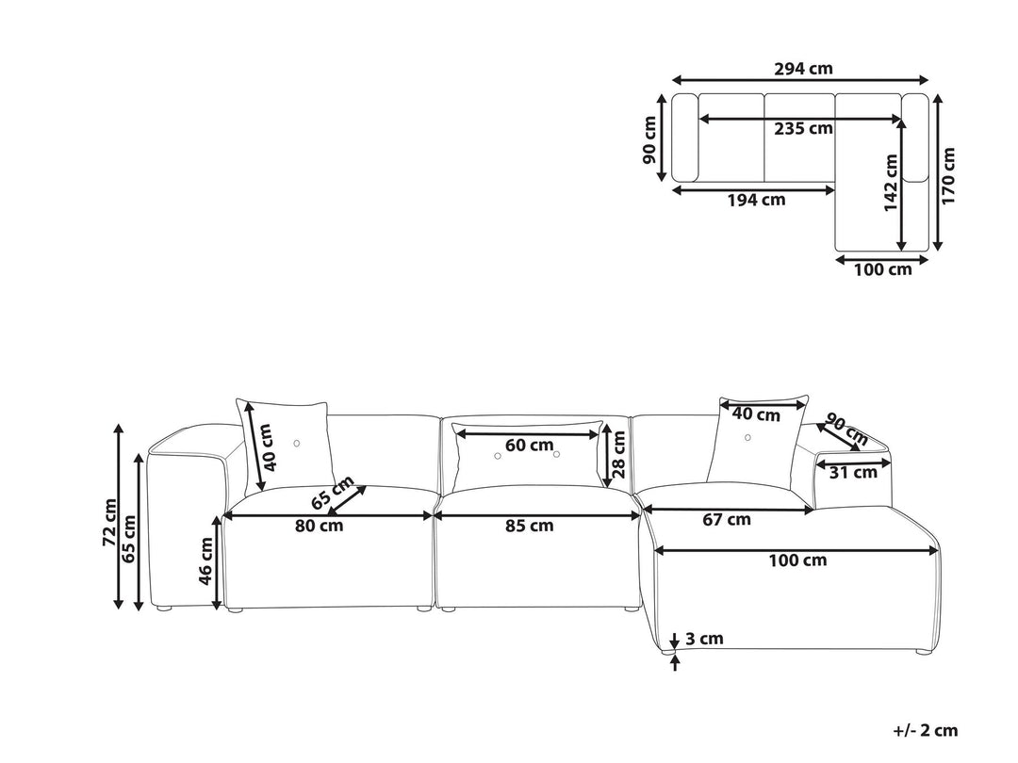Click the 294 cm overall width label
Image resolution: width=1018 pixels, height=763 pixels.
click(x=803, y=68)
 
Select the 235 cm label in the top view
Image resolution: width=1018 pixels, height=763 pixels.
click(x=803, y=128)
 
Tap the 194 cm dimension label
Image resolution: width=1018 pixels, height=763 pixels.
click(x=756, y=200)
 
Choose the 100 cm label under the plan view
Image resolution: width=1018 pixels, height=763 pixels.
click(x=882, y=269)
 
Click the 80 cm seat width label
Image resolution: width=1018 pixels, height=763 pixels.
click(x=319, y=526)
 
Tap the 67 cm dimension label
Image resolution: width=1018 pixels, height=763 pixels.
click(x=727, y=519)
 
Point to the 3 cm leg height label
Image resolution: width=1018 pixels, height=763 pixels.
click(x=704, y=639)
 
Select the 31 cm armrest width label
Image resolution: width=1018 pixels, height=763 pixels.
click(x=853, y=472)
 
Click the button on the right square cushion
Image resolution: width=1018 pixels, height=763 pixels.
click(x=747, y=438)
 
